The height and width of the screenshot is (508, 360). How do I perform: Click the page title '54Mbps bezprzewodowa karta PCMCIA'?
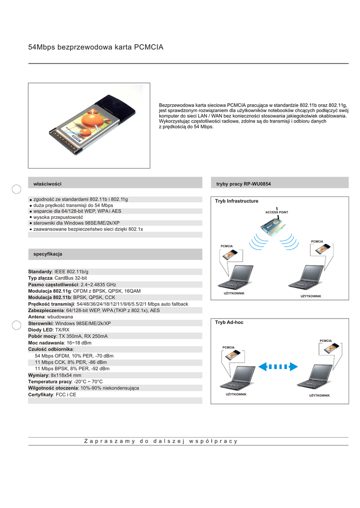click(x=96, y=47)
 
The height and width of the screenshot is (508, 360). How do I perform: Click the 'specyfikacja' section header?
click(x=48, y=254)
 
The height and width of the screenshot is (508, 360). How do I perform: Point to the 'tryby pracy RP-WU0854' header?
click(x=243, y=184)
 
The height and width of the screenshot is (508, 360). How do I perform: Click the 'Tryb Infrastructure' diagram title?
click(x=237, y=201)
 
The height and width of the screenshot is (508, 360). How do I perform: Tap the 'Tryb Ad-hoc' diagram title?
click(x=229, y=322)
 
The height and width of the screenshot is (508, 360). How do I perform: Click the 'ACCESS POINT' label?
click(x=277, y=212)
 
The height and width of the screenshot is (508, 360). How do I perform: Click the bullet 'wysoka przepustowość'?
click(x=58, y=217)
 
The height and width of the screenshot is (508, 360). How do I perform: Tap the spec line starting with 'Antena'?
click(x=51, y=317)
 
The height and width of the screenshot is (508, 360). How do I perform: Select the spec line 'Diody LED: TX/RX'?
click(x=49, y=329)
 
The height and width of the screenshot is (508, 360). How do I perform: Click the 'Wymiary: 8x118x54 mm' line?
click(x=55, y=375)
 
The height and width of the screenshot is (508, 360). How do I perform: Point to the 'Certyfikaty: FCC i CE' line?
click(x=52, y=394)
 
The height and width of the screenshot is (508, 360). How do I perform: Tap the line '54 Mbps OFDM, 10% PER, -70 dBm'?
click(x=74, y=356)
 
